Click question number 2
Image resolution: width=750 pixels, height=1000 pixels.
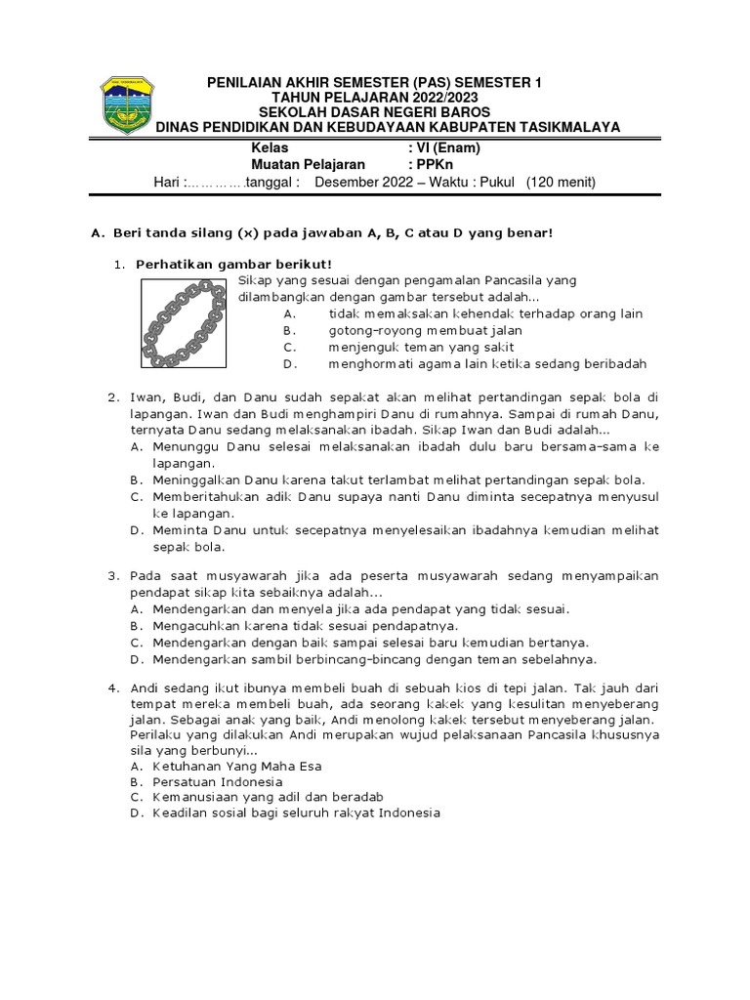click(x=112, y=397)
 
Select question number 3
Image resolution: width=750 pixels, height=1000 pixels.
click(x=112, y=575)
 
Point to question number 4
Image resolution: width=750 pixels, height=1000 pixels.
click(x=112, y=687)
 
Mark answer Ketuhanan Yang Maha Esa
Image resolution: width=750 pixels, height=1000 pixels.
click(x=236, y=767)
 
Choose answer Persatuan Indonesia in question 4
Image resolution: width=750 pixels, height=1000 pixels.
click(x=217, y=782)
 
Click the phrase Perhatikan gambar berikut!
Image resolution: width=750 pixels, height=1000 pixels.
click(x=233, y=264)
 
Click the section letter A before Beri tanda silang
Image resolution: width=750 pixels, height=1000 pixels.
click(x=96, y=232)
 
